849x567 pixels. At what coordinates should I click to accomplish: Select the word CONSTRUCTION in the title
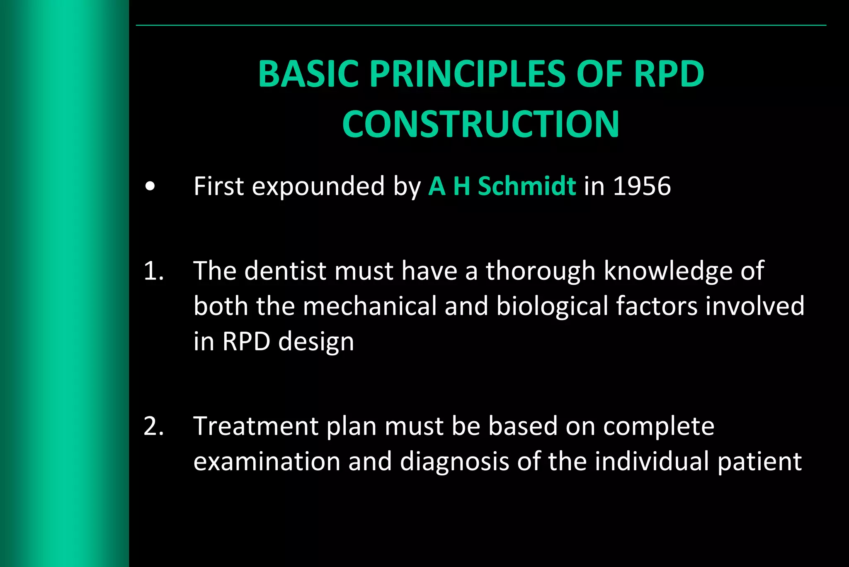[x=480, y=124]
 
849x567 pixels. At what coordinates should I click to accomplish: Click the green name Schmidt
[x=526, y=186]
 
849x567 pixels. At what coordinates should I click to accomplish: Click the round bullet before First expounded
[x=150, y=187]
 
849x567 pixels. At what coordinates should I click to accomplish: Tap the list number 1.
[x=154, y=271]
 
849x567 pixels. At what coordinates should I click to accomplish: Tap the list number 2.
[x=154, y=426]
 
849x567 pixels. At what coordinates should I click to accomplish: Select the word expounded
[x=318, y=187]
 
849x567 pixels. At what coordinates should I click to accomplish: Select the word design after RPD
[x=316, y=342]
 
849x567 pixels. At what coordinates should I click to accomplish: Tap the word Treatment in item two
[x=255, y=426]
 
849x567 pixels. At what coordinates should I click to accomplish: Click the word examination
[x=267, y=462]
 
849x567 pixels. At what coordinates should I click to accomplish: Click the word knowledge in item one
[x=668, y=271]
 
